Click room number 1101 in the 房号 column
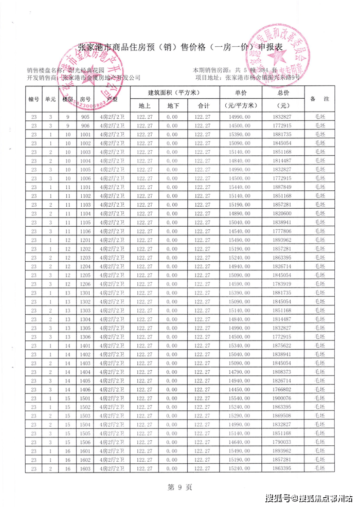pyautogui.click(x=85, y=187)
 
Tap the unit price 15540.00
pyautogui.click(x=241, y=398)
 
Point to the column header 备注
pyautogui.click(x=320, y=99)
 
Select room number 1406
pyautogui.click(x=85, y=389)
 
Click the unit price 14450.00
pyautogui.click(x=241, y=389)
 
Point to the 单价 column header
pyautogui.click(x=241, y=93)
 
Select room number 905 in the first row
pyautogui.click(x=85, y=117)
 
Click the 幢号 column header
pyautogui.click(x=34, y=99)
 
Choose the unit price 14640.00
pyautogui.click(x=241, y=442)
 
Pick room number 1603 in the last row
pyautogui.click(x=85, y=468)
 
